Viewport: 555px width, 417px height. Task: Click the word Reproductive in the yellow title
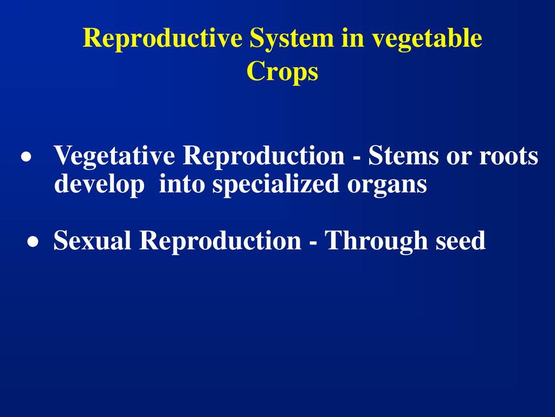pyautogui.click(x=163, y=39)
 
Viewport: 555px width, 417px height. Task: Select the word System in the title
pyautogui.click(x=292, y=39)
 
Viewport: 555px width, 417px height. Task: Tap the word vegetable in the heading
pyautogui.click(x=427, y=39)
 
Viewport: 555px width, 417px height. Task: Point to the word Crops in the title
pyautogui.click(x=282, y=72)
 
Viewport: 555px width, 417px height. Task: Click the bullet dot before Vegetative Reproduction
pyautogui.click(x=26, y=157)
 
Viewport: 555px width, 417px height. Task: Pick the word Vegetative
pyautogui.click(x=114, y=155)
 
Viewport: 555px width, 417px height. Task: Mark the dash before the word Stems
pyautogui.click(x=357, y=157)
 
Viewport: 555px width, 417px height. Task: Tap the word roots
pyautogui.click(x=508, y=156)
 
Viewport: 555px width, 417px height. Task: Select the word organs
pyautogui.click(x=387, y=186)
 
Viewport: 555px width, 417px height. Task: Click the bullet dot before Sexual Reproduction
pyautogui.click(x=33, y=242)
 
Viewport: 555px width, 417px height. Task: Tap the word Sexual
pyautogui.click(x=92, y=240)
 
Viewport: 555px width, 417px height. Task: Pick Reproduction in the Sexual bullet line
pyautogui.click(x=220, y=240)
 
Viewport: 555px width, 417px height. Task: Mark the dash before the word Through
pyautogui.click(x=313, y=242)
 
